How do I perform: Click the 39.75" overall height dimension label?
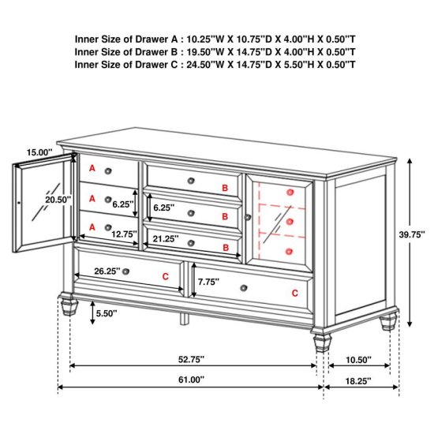pos(412,234)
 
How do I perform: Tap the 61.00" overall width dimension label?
pos(191,380)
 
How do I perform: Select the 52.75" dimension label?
pos(191,360)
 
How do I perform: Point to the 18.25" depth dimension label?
pos(358,381)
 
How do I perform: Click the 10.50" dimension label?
pos(358,360)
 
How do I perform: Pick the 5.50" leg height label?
pos(107,313)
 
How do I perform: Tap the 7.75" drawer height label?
pos(208,282)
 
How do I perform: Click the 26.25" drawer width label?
pos(107,271)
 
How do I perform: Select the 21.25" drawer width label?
pos(166,238)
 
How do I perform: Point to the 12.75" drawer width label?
pos(124,234)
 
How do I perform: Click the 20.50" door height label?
pos(58,200)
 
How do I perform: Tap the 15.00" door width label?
pos(39,152)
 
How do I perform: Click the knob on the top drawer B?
pos(191,181)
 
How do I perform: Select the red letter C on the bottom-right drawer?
pos(295,293)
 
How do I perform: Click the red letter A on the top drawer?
pos(92,168)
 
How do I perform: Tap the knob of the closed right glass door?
pos(248,217)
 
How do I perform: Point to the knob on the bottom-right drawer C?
pos(244,288)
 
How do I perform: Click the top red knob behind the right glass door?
pos(290,192)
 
